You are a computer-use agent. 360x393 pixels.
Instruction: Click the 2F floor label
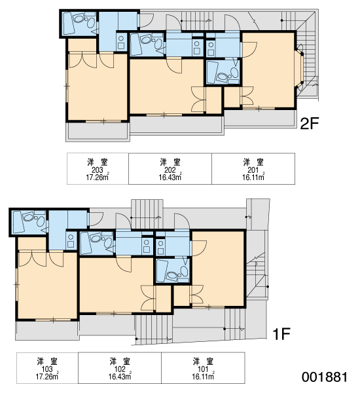pyautogui.click(x=310, y=123)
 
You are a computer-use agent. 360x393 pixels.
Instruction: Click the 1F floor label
pyautogui.click(x=281, y=334)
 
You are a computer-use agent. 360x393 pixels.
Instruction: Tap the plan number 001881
pyautogui.click(x=325, y=377)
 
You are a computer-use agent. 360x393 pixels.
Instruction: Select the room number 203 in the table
pyautogui.click(x=98, y=170)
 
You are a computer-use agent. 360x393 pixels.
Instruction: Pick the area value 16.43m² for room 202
pyautogui.click(x=170, y=178)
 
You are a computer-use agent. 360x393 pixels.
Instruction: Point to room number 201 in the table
pyautogui.click(x=253, y=170)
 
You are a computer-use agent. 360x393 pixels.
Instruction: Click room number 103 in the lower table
pyautogui.click(x=47, y=369)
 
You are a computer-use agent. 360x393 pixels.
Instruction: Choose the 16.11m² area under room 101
pyautogui.click(x=203, y=376)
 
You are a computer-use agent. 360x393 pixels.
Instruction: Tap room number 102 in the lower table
pyautogui.click(x=120, y=369)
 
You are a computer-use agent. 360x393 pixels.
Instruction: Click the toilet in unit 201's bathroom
pyautogui.click(x=234, y=73)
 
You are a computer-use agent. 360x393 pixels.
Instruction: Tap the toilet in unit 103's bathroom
pyautogui.click(x=41, y=221)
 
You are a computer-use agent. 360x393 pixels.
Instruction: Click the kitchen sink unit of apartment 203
pyautogui.click(x=121, y=43)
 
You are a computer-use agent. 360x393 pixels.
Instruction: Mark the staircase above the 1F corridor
pyautogui.click(x=147, y=214)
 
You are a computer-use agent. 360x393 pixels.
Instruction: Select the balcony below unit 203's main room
pyautogui.click(x=98, y=132)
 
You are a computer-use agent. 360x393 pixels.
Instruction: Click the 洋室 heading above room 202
pyautogui.click(x=170, y=162)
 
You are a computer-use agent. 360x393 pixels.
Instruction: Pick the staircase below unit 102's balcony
pyautogui.click(x=154, y=329)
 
